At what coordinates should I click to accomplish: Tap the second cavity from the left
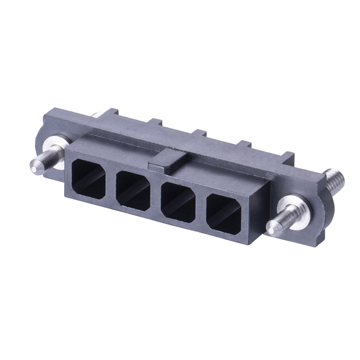point(133,187)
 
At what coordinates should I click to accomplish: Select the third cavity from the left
point(178,199)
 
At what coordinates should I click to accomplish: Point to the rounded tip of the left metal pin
point(33,165)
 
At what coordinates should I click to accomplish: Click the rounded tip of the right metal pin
point(271,228)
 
